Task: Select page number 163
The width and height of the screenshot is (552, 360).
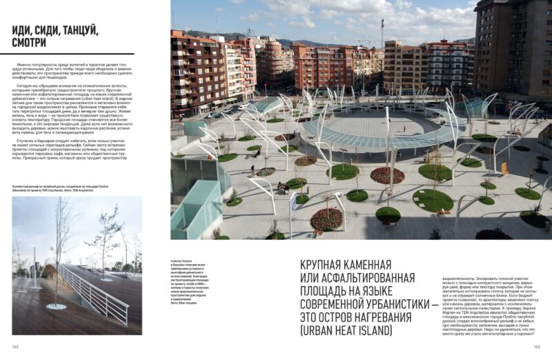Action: click(536, 346)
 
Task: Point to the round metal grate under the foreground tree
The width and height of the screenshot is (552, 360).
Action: click(57, 306)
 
